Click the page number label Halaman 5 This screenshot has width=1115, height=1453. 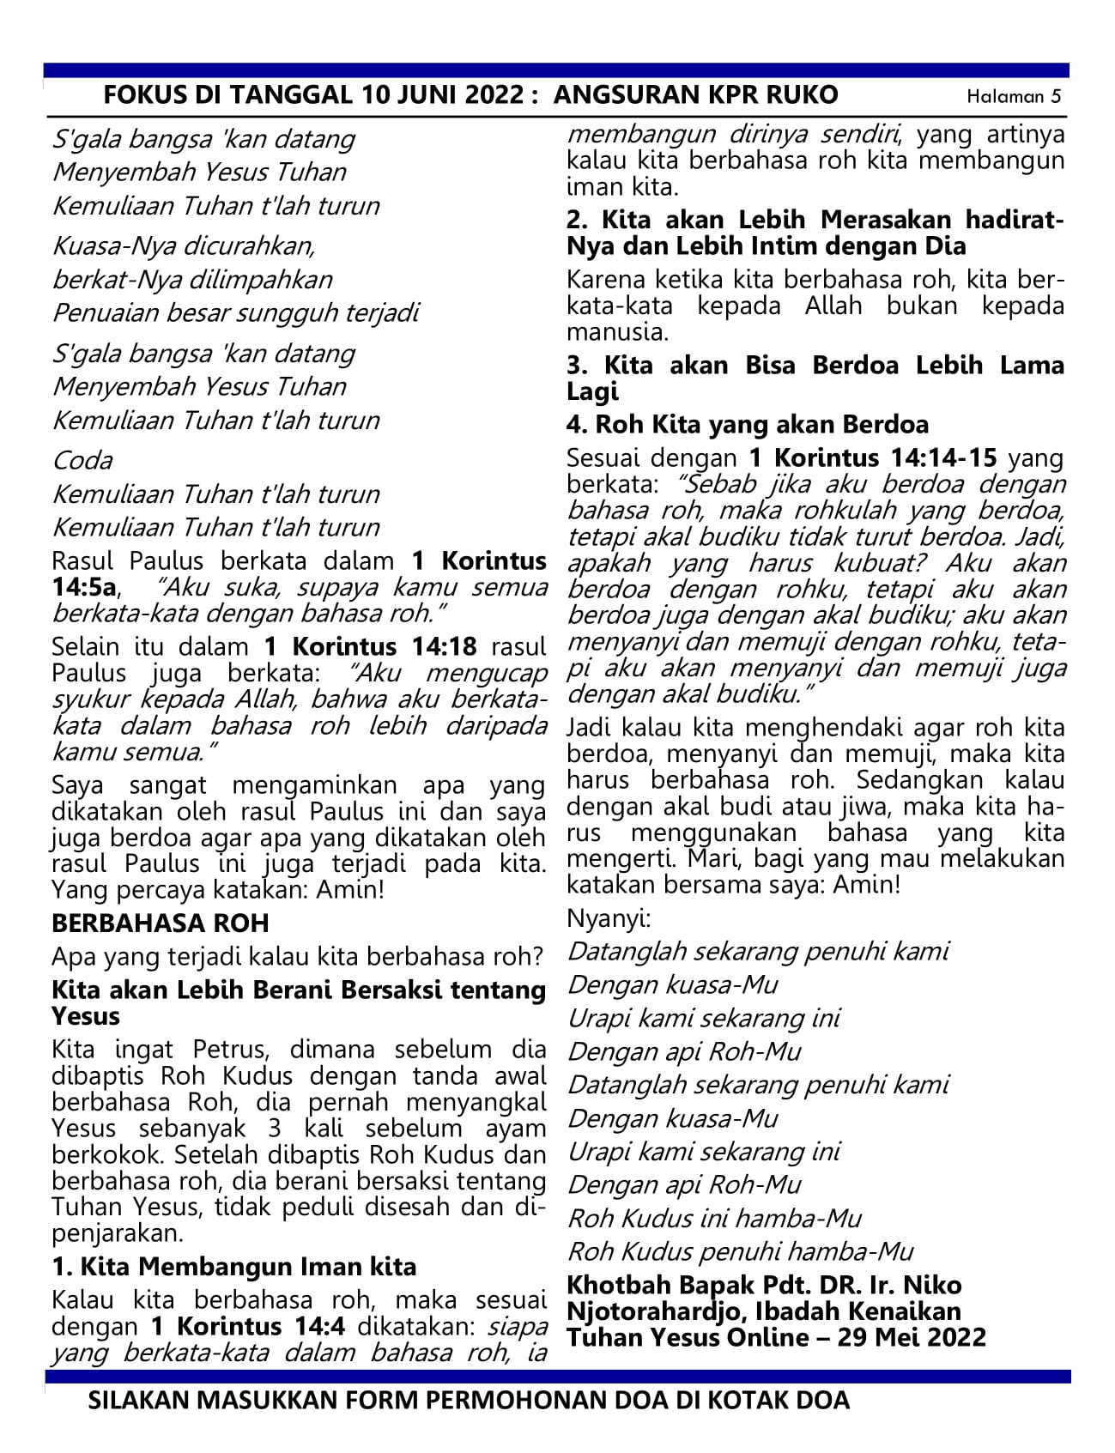click(x=1014, y=96)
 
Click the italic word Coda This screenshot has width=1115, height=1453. click(x=82, y=461)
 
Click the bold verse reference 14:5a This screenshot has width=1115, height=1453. click(x=85, y=588)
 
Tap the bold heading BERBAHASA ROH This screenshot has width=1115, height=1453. click(x=161, y=923)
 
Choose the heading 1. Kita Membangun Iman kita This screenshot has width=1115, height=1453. click(x=233, y=1267)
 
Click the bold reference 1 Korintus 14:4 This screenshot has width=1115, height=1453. click(x=248, y=1326)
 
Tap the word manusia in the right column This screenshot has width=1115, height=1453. click(x=615, y=332)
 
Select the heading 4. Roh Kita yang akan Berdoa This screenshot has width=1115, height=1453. click(x=747, y=425)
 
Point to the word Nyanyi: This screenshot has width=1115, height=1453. click(x=609, y=919)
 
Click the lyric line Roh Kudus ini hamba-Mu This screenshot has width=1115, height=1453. click(x=714, y=1219)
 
